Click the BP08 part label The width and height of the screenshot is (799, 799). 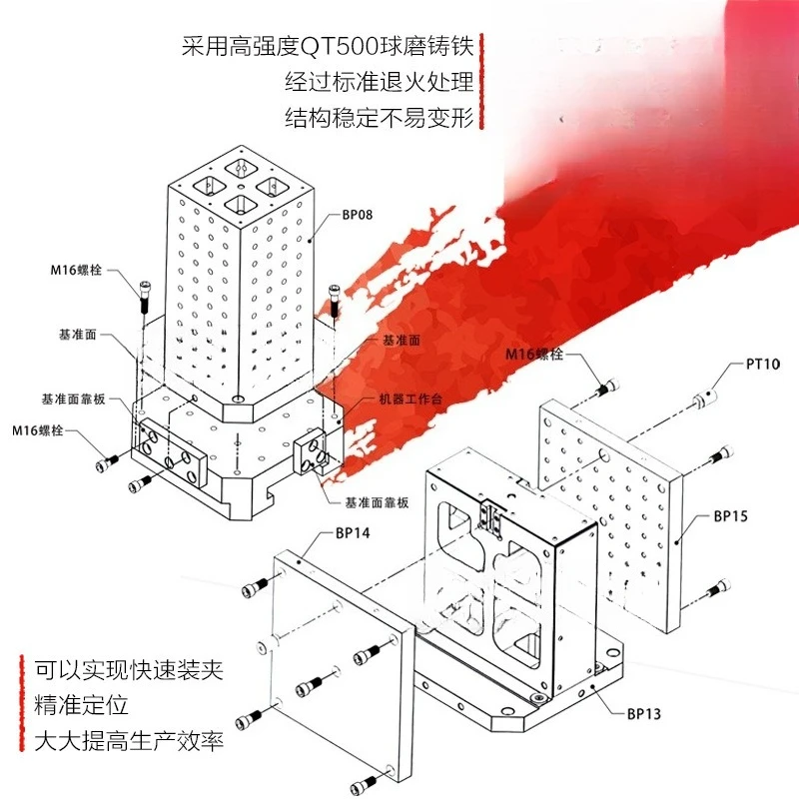pyautogui.click(x=357, y=215)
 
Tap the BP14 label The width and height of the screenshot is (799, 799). pyautogui.click(x=353, y=533)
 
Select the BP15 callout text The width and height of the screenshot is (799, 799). pyautogui.click(x=730, y=516)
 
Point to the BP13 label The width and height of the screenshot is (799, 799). pyautogui.click(x=643, y=713)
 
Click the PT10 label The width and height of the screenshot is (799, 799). pyautogui.click(x=763, y=364)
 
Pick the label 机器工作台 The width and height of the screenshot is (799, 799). pyautogui.click(x=410, y=399)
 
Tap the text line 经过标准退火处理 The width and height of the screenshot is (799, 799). pyautogui.click(x=380, y=82)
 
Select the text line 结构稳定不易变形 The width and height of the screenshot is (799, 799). pyautogui.click(x=380, y=117)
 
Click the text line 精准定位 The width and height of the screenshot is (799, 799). pyautogui.click(x=81, y=705)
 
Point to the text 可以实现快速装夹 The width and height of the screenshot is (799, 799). pyautogui.click(x=129, y=669)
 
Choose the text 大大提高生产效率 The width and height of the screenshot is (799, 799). pyautogui.click(x=129, y=741)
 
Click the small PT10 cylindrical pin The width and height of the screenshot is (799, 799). pyautogui.click(x=705, y=398)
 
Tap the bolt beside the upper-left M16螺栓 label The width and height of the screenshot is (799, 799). pyautogui.click(x=144, y=297)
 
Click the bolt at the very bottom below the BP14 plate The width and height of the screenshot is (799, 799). pyautogui.click(x=366, y=782)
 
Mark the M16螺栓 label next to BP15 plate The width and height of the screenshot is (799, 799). pyautogui.click(x=534, y=354)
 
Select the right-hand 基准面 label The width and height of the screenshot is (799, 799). pyautogui.click(x=401, y=340)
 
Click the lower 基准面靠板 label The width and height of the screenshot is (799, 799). pyautogui.click(x=377, y=503)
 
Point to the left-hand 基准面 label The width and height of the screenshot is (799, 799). pyautogui.click(x=78, y=335)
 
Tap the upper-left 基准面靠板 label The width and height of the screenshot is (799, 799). pyautogui.click(x=73, y=399)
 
